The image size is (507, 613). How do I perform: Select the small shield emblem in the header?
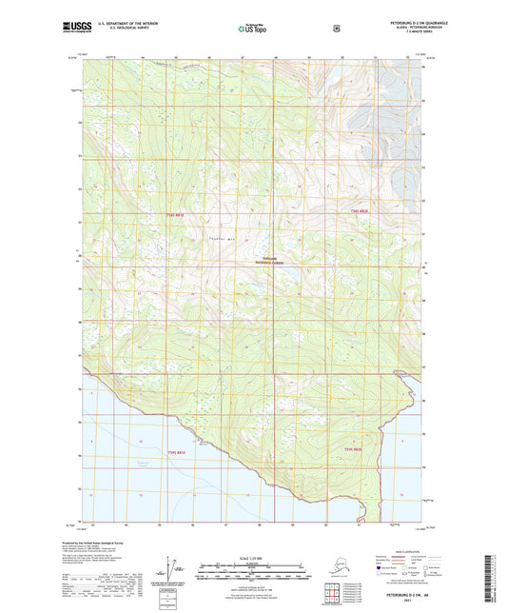(337, 29)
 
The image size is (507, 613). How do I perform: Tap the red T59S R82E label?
(352, 448)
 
